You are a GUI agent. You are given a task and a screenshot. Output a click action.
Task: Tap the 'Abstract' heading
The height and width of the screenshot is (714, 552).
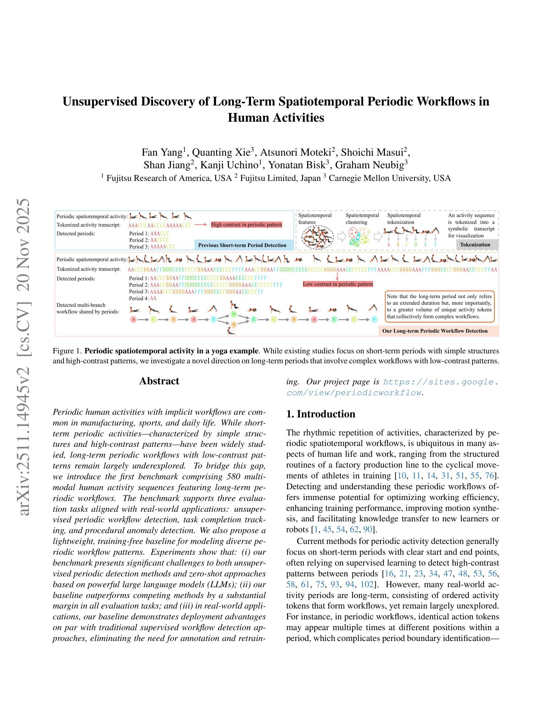point(159,381)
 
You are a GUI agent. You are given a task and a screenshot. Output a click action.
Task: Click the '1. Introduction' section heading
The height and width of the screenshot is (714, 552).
point(320,414)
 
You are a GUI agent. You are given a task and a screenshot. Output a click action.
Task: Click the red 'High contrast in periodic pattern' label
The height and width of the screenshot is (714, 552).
point(246,224)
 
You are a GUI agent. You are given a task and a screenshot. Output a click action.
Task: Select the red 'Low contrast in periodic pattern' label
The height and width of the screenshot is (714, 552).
point(338,284)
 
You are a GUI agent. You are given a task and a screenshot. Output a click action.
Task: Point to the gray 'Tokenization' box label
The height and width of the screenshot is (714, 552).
point(475,245)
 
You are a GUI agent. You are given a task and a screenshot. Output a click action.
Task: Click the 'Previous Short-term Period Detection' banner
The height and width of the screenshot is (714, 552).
point(242,245)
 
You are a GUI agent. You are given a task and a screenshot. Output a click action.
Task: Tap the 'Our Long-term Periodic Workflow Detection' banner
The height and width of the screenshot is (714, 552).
point(435,331)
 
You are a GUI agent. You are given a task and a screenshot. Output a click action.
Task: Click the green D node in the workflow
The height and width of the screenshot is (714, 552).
point(234,314)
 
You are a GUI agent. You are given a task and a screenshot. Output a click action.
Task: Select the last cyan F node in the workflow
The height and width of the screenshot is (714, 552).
point(374,319)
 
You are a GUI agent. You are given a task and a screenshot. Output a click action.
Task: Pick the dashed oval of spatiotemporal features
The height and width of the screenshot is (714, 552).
point(317,237)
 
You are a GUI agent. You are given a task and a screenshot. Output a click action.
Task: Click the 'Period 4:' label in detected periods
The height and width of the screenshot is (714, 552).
point(139,298)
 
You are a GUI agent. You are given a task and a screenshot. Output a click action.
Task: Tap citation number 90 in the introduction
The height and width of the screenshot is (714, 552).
point(368,529)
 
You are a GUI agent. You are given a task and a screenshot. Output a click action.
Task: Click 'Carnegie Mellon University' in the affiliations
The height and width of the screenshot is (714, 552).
point(379,178)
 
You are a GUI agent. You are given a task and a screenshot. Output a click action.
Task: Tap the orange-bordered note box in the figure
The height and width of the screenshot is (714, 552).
point(439,306)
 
